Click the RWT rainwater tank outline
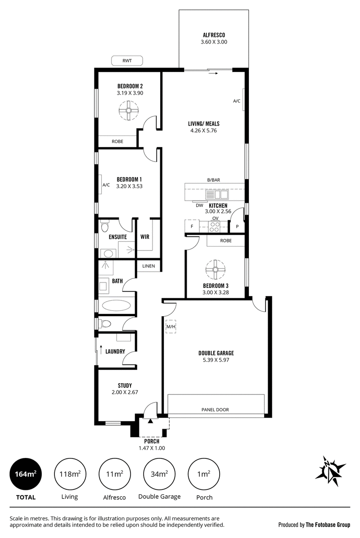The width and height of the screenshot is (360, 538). (x=127, y=61)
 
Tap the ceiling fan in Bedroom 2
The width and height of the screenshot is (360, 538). (x=128, y=111)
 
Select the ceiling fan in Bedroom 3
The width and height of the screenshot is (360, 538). (x=216, y=269)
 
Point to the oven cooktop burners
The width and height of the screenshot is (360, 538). (x=215, y=226)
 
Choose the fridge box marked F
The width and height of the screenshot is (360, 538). (x=192, y=226)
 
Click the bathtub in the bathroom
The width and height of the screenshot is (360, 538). (x=116, y=305)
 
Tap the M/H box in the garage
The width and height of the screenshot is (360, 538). (x=171, y=327)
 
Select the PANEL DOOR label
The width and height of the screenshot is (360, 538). (x=215, y=410)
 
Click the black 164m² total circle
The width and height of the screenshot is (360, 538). (x=26, y=474)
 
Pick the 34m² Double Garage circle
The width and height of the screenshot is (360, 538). (x=159, y=474)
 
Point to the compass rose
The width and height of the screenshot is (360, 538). (x=330, y=471)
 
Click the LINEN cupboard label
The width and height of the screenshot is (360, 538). (x=148, y=266)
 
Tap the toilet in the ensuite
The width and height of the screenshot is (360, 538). (x=105, y=227)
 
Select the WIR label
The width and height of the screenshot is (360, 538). (x=145, y=237)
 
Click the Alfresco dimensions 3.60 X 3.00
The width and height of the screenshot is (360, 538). (x=214, y=42)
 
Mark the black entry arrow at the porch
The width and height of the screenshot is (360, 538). (x=150, y=421)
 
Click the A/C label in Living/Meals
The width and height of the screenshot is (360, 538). (x=237, y=101)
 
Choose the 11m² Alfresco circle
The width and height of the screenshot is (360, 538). (x=115, y=474)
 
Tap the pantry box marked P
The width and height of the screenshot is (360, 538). (x=237, y=226)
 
